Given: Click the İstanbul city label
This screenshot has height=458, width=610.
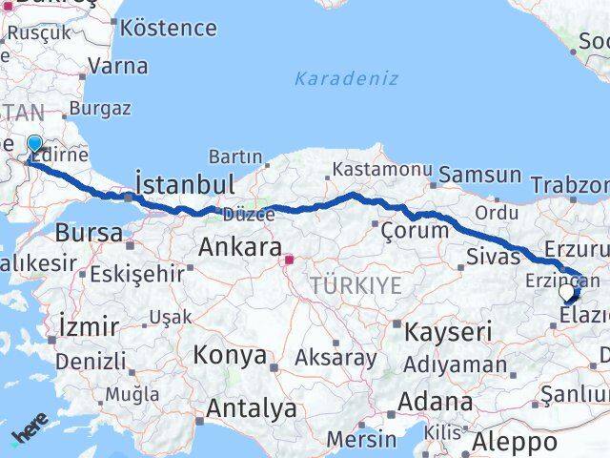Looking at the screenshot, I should coord(185,183).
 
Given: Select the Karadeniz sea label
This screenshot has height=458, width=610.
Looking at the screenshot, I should coord(346,78).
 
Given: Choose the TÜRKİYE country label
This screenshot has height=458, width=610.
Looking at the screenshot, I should coord(356,284).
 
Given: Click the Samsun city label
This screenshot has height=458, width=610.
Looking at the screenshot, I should coord(480,176).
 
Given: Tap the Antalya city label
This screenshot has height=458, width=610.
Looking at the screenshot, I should coord(252,409).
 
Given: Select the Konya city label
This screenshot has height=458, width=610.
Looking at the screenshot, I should coord(230,356).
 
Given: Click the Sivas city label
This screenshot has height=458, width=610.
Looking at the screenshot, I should coord(493,256).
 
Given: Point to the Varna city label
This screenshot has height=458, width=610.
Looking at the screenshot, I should coord(117,66).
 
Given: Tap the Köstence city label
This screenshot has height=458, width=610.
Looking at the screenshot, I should coord(169,27).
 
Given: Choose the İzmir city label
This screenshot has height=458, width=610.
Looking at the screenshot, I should coord(89,325).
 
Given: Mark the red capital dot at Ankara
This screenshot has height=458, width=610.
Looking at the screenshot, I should coord(288,258).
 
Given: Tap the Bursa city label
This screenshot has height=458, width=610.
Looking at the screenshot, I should coord(89,232).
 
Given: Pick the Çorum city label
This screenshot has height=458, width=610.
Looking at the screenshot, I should coord(414,230).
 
